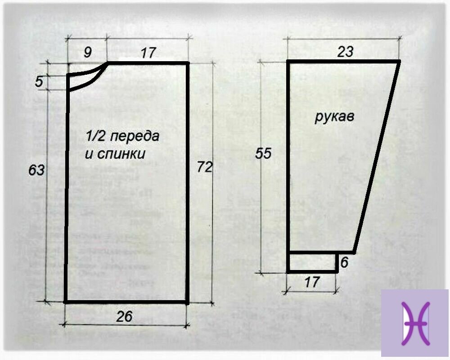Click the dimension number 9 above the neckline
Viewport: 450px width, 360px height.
pyautogui.click(x=88, y=53)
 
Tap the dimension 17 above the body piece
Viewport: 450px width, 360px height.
pyautogui.click(x=148, y=53)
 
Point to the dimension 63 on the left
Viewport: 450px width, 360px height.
pyautogui.click(x=36, y=171)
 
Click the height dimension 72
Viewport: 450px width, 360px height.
pyautogui.click(x=204, y=168)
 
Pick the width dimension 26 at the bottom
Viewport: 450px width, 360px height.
pyautogui.click(x=124, y=317)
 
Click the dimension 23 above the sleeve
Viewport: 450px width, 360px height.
pyautogui.click(x=345, y=52)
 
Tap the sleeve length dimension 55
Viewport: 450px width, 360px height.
pyautogui.click(x=263, y=153)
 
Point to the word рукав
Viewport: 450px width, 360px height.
pyautogui.click(x=334, y=118)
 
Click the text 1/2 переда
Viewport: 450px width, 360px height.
pyautogui.click(x=122, y=136)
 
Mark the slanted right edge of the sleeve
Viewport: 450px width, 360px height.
pyautogui.click(x=377, y=157)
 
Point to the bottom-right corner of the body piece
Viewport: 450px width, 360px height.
pyautogui.click(x=187, y=302)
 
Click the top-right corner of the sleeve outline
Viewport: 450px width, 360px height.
pyautogui.click(x=399, y=61)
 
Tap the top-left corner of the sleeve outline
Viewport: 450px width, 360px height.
pyautogui.click(x=288, y=61)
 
